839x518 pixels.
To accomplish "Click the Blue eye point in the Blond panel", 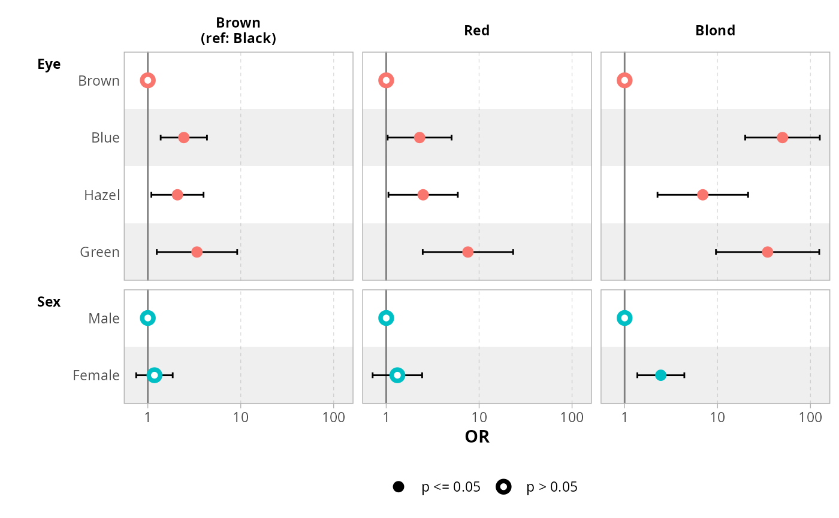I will pyautogui.click(x=782, y=138).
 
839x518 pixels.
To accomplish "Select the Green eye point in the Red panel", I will pyautogui.click(x=467, y=252).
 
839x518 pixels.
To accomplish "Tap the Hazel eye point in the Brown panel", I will pyautogui.click(x=177, y=195).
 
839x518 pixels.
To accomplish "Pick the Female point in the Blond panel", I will pyautogui.click(x=660, y=375).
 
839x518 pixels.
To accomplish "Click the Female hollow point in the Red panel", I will pyautogui.click(x=397, y=375).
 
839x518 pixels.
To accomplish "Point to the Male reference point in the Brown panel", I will pyautogui.click(x=147, y=318).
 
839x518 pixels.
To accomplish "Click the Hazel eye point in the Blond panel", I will pyautogui.click(x=702, y=195).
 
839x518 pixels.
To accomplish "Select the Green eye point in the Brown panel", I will pyautogui.click(x=197, y=252).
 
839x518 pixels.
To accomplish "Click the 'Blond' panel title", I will pyautogui.click(x=715, y=31).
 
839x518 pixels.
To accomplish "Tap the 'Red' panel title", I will pyautogui.click(x=476, y=31).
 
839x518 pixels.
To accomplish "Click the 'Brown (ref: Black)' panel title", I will pyautogui.click(x=238, y=31).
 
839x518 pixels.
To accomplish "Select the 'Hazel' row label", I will pyautogui.click(x=102, y=195).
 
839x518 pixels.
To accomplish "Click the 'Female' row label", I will pyautogui.click(x=96, y=375).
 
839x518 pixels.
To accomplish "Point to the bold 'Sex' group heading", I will pyautogui.click(x=49, y=302).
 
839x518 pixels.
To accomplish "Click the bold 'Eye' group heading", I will pyautogui.click(x=49, y=64).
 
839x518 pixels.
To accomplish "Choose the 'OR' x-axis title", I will pyautogui.click(x=477, y=437).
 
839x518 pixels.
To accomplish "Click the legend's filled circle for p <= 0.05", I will pyautogui.click(x=398, y=487).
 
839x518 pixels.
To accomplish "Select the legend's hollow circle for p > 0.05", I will pyautogui.click(x=503, y=487).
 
